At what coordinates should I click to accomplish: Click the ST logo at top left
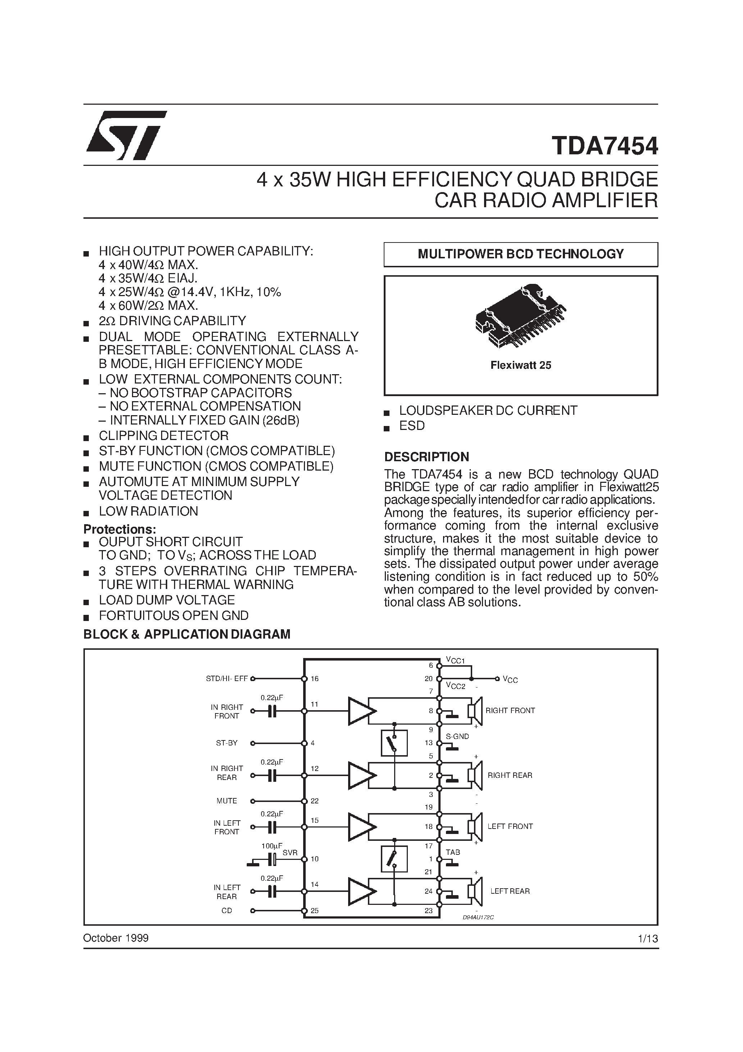126,135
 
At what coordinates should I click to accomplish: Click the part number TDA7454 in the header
605,146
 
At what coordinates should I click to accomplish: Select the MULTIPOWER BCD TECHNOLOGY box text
520,254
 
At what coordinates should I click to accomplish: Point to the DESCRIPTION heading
427,457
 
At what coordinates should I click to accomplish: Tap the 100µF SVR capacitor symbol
273,859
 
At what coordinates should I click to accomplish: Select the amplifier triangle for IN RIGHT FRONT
361,711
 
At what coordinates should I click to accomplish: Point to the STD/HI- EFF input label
227,679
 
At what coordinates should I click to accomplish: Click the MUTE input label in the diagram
227,801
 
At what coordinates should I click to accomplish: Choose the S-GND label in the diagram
457,736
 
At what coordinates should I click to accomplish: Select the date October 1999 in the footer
116,938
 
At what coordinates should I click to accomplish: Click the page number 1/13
648,938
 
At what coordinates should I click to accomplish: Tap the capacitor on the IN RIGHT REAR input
272,775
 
